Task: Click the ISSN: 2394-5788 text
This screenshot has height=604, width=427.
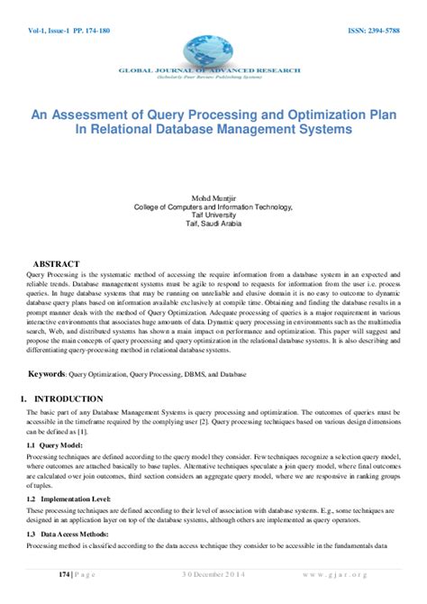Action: click(x=373, y=30)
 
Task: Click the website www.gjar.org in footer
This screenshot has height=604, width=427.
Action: click(x=360, y=573)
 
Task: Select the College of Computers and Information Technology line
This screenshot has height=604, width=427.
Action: click(x=213, y=204)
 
